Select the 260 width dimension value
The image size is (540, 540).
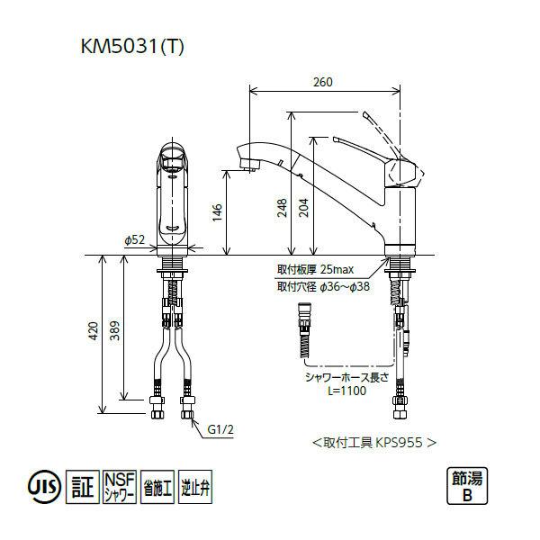[324, 83]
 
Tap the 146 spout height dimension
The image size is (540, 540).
[217, 211]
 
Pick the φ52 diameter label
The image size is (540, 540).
[134, 239]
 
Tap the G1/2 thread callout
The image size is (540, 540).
[221, 430]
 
